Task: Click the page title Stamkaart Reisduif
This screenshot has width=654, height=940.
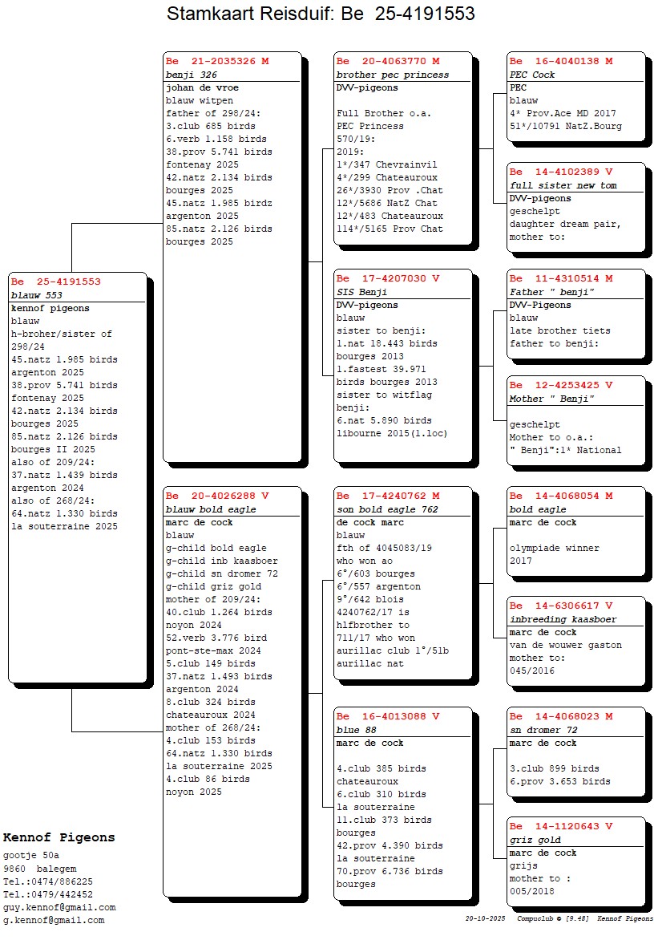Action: (x=321, y=14)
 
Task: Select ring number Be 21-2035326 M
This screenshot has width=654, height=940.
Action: (x=217, y=61)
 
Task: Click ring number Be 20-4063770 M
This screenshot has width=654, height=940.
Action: (x=388, y=61)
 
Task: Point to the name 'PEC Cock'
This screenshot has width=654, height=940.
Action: (x=532, y=75)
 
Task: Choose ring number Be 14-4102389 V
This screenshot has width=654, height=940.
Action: (x=561, y=172)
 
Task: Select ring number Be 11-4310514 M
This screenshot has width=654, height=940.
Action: (x=561, y=278)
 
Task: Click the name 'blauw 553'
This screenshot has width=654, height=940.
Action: (x=36, y=295)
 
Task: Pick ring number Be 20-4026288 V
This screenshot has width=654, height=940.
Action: (x=217, y=496)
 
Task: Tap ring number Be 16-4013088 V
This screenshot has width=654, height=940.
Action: (x=388, y=716)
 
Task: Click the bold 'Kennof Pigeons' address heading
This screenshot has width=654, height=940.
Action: (x=59, y=837)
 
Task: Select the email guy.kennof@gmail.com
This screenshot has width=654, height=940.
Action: (x=59, y=907)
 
